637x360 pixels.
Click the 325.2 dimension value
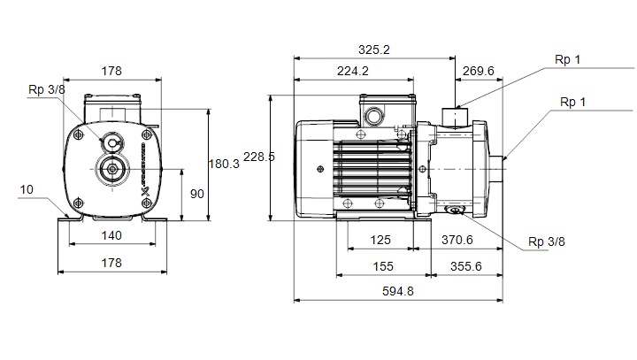click(373, 50)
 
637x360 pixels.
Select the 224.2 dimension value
click(353, 71)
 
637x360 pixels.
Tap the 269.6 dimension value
click(478, 71)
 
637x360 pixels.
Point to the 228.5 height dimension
click(258, 157)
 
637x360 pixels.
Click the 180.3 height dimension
click(224, 164)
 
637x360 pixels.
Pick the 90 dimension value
click(197, 194)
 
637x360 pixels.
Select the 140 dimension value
click(111, 235)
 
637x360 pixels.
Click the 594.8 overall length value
click(398, 291)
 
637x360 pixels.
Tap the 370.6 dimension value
click(457, 240)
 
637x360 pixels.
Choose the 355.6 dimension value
click(466, 266)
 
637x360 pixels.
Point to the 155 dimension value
click(383, 266)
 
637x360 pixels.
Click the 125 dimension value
click(380, 240)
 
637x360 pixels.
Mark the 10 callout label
click(27, 189)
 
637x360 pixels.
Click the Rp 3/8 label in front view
click(47, 89)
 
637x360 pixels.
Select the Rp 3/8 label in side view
click(547, 241)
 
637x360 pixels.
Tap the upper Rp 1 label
click(567, 60)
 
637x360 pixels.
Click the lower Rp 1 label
click(572, 102)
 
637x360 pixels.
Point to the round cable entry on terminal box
click(374, 116)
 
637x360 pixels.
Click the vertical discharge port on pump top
click(455, 118)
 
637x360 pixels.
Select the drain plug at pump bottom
click(455, 210)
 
